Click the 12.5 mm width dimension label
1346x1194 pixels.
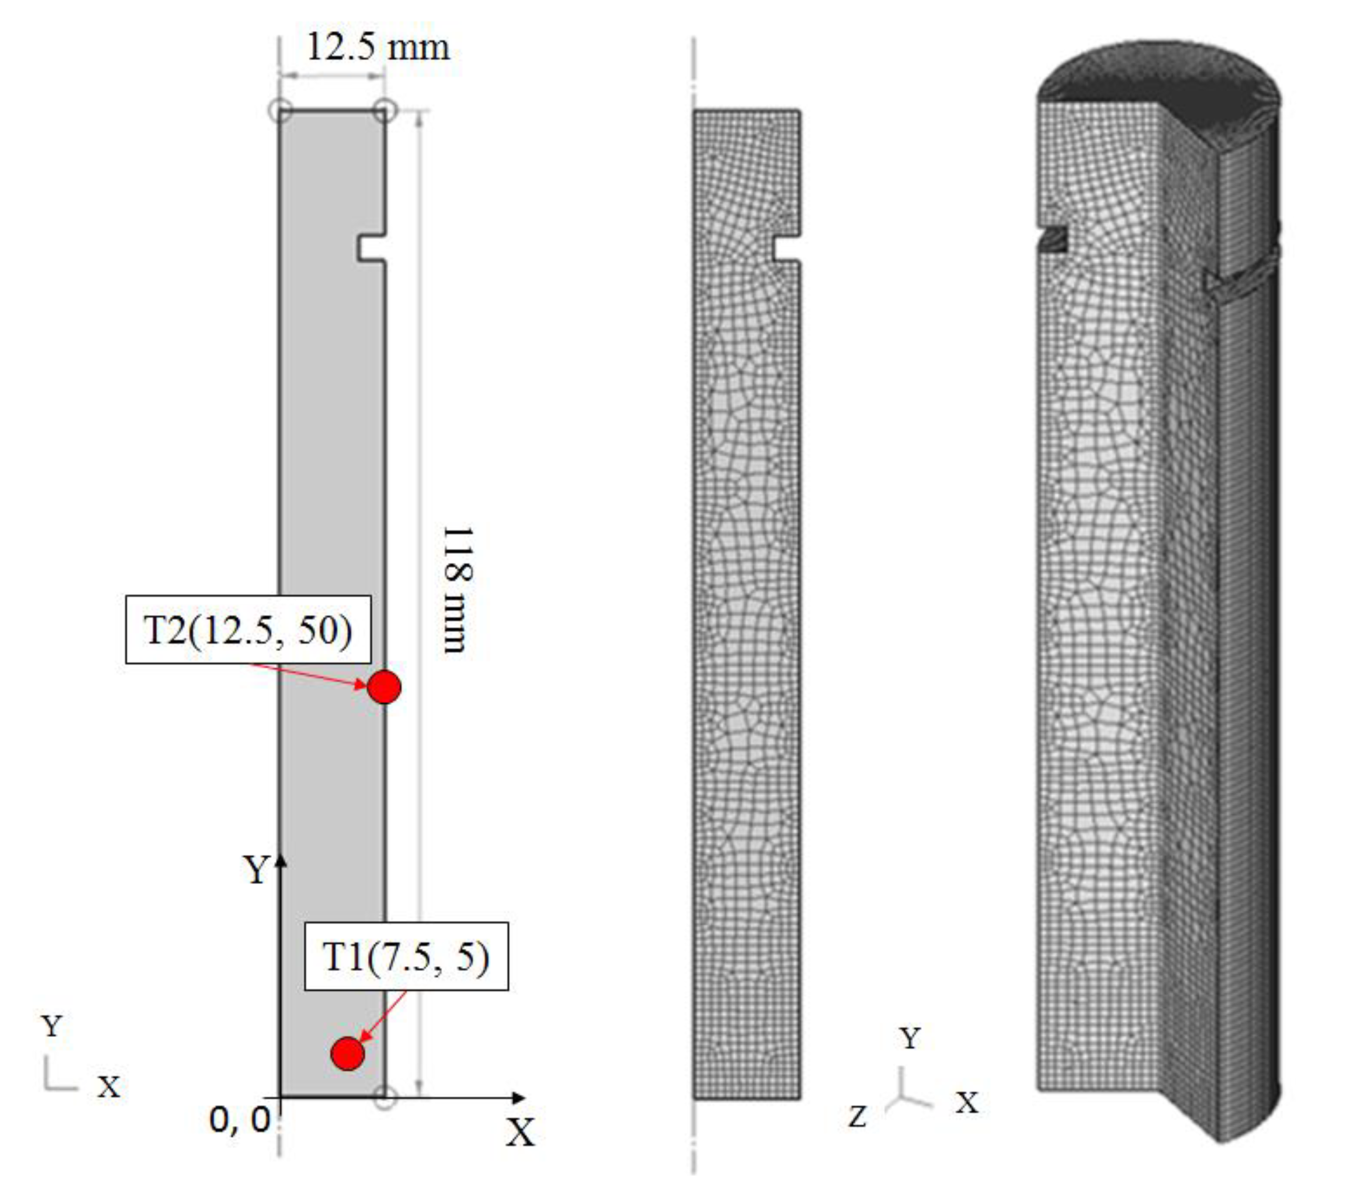point(378,47)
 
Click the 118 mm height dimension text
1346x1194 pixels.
point(456,589)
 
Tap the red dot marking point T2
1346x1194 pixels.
point(384,687)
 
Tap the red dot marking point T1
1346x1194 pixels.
point(347,1053)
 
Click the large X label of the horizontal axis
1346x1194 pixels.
point(520,1132)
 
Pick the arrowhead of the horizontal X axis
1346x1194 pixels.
point(520,1098)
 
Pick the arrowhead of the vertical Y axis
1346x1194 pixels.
point(281,859)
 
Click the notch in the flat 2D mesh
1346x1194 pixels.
point(787,248)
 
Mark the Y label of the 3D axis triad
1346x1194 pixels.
point(910,1038)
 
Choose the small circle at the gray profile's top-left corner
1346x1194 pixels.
point(280,110)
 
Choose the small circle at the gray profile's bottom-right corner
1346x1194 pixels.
point(385,1098)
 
